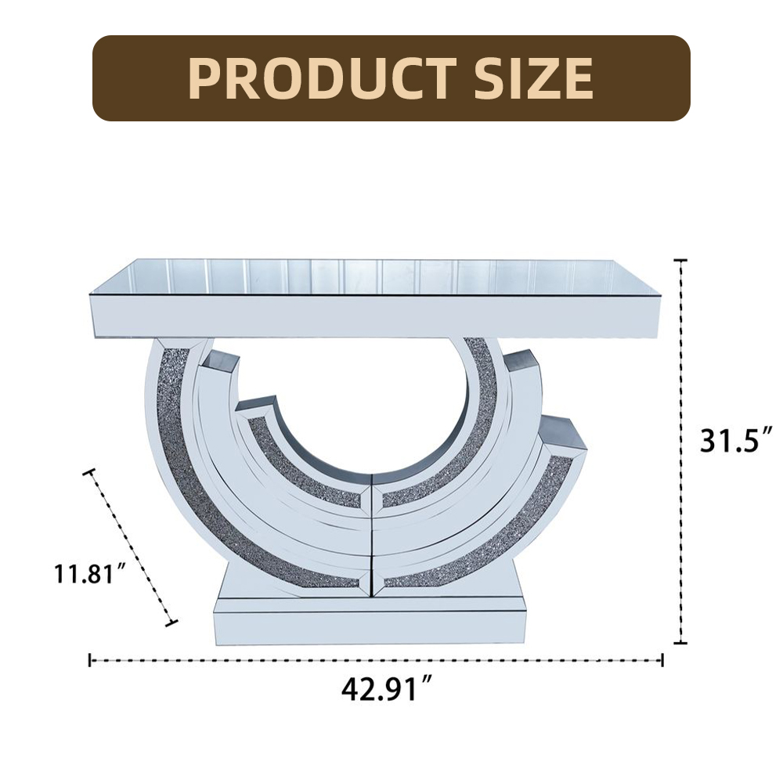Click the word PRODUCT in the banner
pyautogui.click(x=322, y=78)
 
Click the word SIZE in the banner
pyautogui.click(x=533, y=78)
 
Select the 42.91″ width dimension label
pyautogui.click(x=386, y=690)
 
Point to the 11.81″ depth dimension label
pyautogui.click(x=90, y=573)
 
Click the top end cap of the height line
pyautogui.click(x=680, y=261)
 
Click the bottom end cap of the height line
pyautogui.click(x=680, y=643)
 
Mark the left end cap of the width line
pyautogui.click(x=90, y=660)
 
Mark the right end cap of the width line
pyautogui.click(x=662, y=660)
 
